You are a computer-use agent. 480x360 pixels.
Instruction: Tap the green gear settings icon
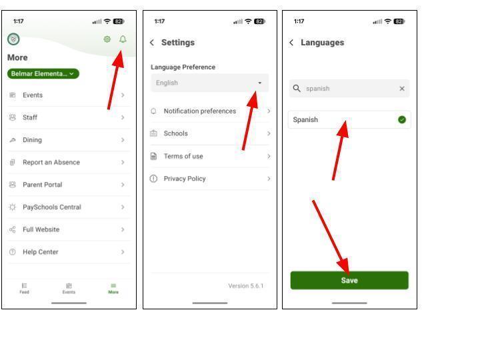(x=107, y=39)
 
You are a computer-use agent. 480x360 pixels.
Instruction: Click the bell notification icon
(x=123, y=39)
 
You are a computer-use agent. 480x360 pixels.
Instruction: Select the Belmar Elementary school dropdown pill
(x=43, y=74)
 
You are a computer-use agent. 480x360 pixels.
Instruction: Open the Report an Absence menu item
(x=68, y=162)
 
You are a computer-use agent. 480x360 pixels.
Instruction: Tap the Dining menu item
(x=68, y=140)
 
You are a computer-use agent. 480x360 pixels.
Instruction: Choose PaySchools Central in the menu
(x=68, y=207)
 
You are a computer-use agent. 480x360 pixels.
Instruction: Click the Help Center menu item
(x=68, y=252)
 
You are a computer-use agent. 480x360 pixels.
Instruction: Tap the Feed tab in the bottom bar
(x=24, y=289)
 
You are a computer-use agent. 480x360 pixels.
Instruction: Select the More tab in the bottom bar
(x=113, y=289)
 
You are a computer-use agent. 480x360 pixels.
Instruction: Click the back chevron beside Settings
(x=152, y=43)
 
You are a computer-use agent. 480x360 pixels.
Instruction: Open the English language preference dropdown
(x=210, y=83)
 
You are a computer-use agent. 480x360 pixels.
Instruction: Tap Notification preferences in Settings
(x=210, y=111)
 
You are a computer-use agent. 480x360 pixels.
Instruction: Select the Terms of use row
(x=210, y=156)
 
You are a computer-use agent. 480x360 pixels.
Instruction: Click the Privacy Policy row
(x=210, y=179)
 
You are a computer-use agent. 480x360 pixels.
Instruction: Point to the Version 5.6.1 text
(x=245, y=286)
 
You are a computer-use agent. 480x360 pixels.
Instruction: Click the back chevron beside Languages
(x=291, y=43)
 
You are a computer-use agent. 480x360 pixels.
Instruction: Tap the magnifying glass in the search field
(x=297, y=89)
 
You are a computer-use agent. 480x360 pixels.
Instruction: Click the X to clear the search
(x=402, y=89)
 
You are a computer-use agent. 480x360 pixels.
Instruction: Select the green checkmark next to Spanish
(x=402, y=120)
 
